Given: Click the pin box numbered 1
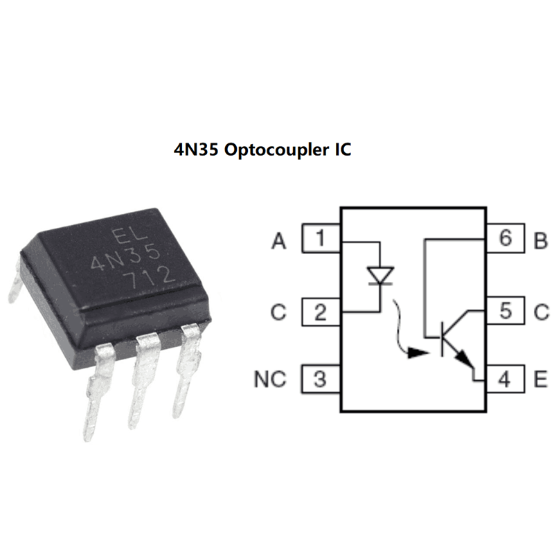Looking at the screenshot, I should coord(320,240).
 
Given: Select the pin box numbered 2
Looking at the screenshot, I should coord(320,312).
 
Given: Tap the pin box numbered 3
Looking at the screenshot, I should coord(320,379).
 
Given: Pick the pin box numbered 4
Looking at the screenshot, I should coord(505,379).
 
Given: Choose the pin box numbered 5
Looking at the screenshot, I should coord(505,312).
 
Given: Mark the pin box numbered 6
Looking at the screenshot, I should coord(505,240).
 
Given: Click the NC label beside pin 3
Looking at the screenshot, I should coord(270,380).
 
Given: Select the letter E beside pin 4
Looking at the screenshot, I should coord(541,380).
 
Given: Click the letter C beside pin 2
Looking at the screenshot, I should coord(278,312).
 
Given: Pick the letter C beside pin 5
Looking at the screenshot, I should coord(541,312).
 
